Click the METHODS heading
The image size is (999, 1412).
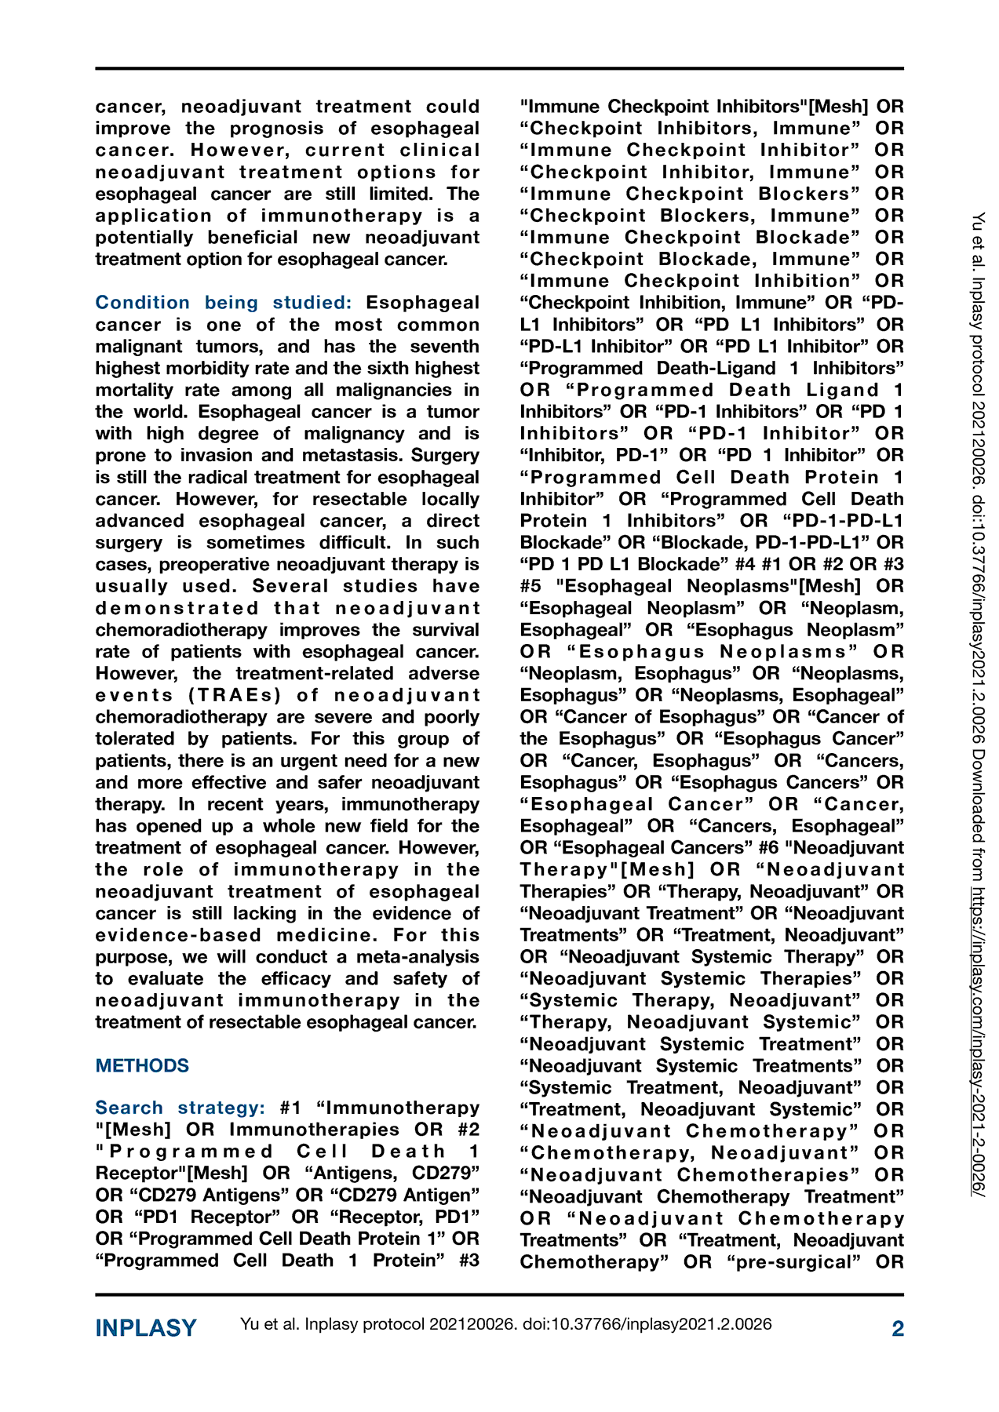point(142,1065)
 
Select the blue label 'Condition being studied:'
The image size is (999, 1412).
point(224,303)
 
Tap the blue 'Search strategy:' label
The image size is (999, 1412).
point(180,1108)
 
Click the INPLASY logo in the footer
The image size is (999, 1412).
point(146,1328)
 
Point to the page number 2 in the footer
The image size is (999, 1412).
point(898,1328)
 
